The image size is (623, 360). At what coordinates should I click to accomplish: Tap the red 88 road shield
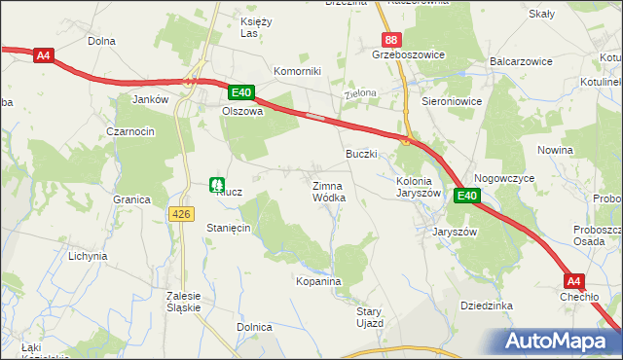click(x=390, y=40)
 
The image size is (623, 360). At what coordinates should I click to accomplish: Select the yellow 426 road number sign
click(x=181, y=213)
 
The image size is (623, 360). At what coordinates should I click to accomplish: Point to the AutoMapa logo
click(x=561, y=342)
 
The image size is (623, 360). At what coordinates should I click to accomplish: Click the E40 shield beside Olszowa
click(x=241, y=93)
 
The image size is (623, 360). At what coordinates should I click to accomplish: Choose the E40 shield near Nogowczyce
click(x=467, y=196)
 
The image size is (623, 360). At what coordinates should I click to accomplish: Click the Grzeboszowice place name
click(x=408, y=55)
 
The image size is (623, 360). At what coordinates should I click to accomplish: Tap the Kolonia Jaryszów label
click(x=420, y=187)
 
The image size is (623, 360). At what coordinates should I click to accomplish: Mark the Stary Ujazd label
click(x=370, y=316)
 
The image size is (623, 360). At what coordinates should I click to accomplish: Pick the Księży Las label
click(x=255, y=26)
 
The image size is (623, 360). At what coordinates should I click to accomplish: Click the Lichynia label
click(x=87, y=256)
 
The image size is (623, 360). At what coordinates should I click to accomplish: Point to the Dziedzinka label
click(x=486, y=306)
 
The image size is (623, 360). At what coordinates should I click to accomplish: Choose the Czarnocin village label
click(x=131, y=131)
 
